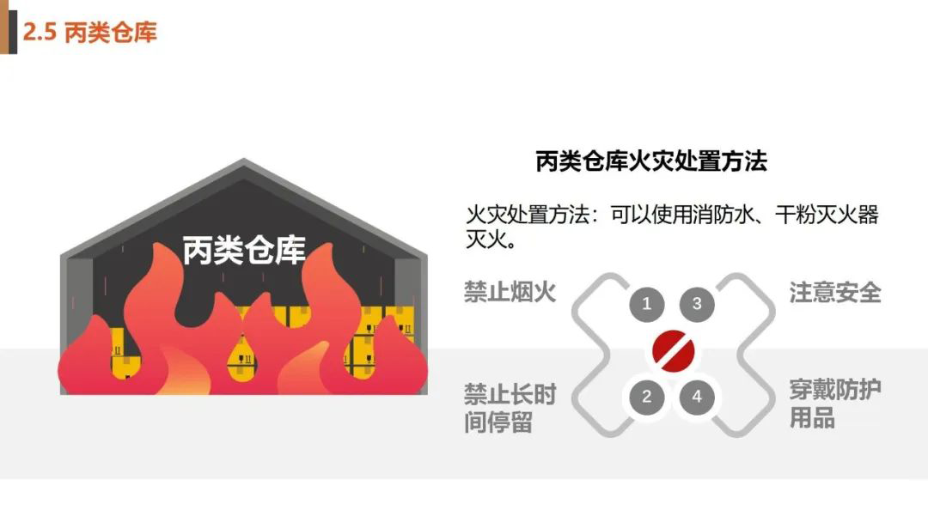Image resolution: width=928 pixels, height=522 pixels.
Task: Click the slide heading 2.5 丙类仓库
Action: (x=89, y=33)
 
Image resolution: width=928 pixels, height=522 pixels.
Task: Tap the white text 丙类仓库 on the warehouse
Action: (x=244, y=250)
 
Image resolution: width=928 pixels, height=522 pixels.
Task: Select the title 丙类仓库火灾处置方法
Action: (x=650, y=161)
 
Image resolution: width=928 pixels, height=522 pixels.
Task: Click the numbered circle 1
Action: (x=647, y=303)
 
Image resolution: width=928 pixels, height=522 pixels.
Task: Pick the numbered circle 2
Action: (x=647, y=397)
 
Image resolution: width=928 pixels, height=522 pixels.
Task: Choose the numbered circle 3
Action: (x=697, y=303)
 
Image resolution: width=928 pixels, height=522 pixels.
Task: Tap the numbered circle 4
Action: (x=697, y=397)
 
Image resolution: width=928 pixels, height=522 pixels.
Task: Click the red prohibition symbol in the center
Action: (x=672, y=349)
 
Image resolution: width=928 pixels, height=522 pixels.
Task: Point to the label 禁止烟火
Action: (x=510, y=292)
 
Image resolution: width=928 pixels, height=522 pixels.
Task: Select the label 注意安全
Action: (x=835, y=292)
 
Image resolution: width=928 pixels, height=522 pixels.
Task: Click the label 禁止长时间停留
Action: (x=510, y=409)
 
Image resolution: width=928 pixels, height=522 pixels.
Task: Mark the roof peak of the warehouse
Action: (x=244, y=162)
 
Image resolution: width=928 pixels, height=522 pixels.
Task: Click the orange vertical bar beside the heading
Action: (x=13, y=27)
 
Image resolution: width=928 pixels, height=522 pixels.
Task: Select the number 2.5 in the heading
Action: (x=40, y=33)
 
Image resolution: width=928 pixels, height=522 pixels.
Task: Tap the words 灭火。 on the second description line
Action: (x=491, y=239)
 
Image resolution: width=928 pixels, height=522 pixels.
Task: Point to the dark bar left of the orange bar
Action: (x=3, y=27)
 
